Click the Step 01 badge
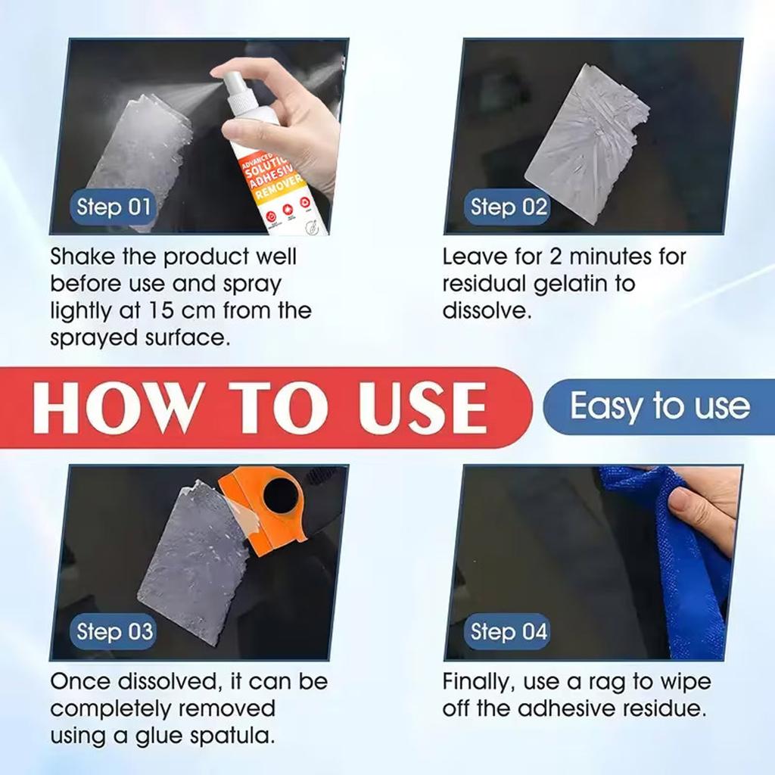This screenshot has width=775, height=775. click(114, 207)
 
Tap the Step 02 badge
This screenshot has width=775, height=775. click(509, 207)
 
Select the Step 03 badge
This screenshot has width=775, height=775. click(114, 632)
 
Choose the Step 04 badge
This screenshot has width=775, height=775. click(509, 632)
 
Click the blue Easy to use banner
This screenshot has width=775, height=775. click(658, 406)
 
